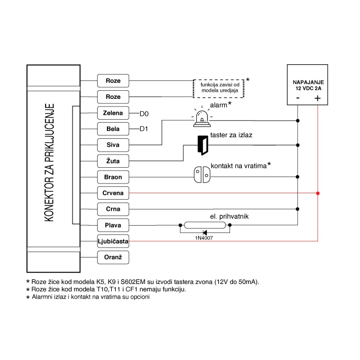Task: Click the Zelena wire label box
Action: tap(113, 113)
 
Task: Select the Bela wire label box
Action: tap(113, 129)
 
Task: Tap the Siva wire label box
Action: tap(113, 145)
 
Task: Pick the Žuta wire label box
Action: tap(113, 161)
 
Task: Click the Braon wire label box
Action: tap(113, 177)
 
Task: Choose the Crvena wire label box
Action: tap(113, 193)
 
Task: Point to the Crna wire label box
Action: tap(113, 209)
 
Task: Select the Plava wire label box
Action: tap(113, 225)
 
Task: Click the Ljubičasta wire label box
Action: tap(113, 241)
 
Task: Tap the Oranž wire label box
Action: tap(113, 257)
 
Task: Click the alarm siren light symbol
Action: tap(201, 117)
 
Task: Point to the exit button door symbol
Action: tap(203, 144)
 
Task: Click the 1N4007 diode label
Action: tap(204, 238)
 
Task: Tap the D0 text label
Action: tap(144, 114)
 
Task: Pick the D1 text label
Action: tap(144, 129)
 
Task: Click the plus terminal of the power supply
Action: tap(317, 99)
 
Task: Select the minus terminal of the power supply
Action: tap(298, 99)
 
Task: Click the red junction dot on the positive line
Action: tap(318, 193)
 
